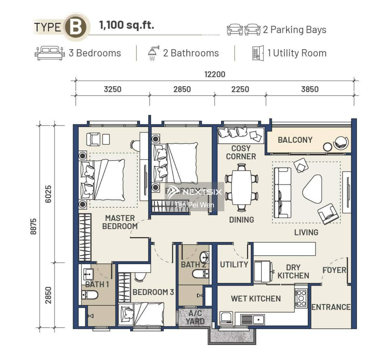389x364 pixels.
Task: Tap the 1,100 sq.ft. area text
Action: point(127,25)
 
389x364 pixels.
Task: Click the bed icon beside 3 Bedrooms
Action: point(50,53)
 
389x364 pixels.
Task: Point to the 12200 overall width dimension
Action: point(214,74)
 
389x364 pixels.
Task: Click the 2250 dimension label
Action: point(240,89)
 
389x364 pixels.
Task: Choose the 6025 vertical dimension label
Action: point(48,194)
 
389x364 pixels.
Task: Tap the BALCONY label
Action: point(295,140)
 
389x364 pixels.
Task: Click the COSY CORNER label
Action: point(241,152)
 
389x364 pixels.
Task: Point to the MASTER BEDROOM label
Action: point(120,222)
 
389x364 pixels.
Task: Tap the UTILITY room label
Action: point(234,265)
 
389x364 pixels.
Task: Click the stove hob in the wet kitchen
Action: point(301,298)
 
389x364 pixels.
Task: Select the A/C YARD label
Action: point(195,317)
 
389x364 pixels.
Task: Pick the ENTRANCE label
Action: point(331,307)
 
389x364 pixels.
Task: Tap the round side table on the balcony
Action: point(328,147)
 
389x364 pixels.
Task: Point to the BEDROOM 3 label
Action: point(153,292)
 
